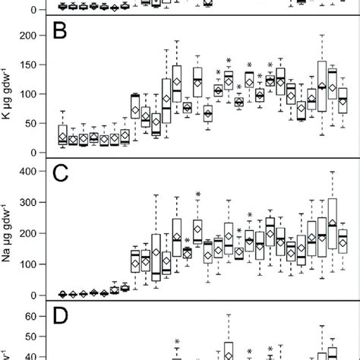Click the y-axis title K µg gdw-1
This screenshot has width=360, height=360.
(9, 94)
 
